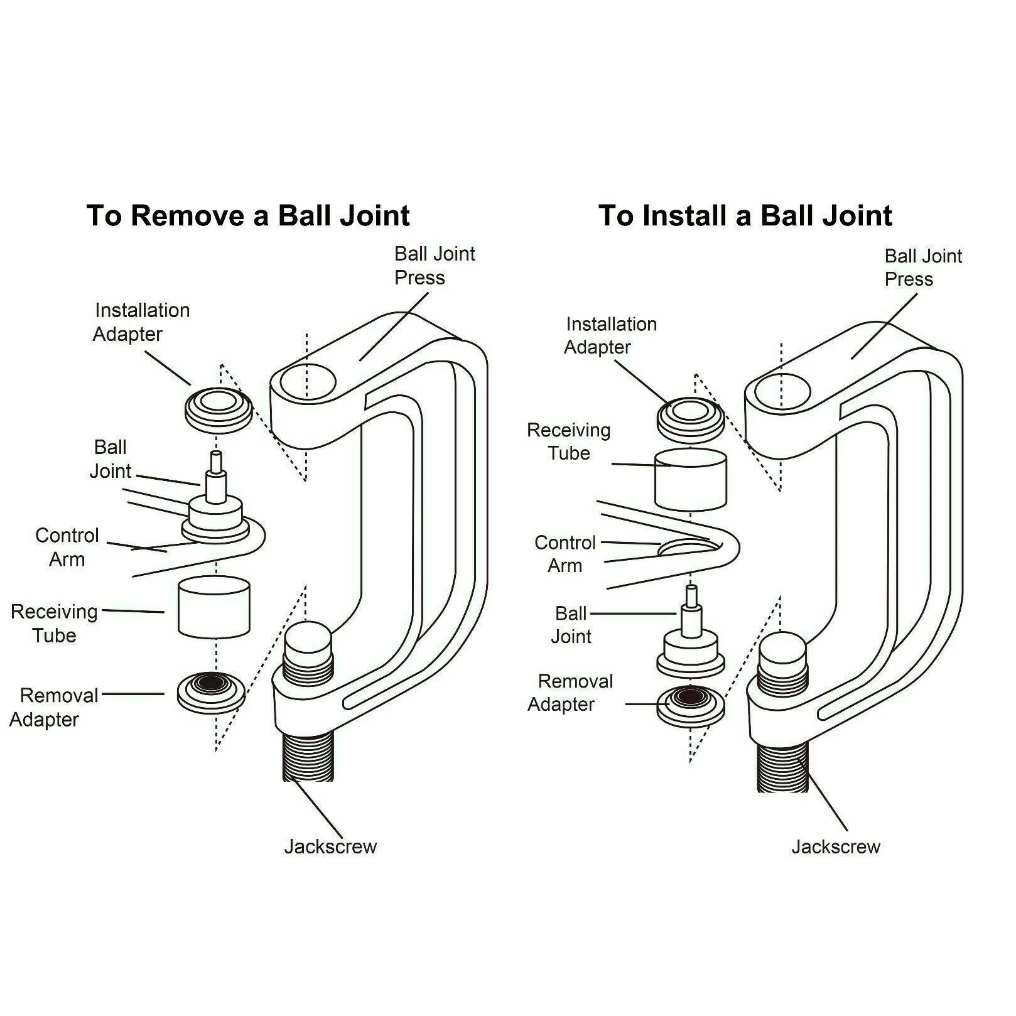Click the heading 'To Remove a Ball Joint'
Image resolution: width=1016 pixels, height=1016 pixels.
248,216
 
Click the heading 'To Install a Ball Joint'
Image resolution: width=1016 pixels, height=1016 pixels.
745,216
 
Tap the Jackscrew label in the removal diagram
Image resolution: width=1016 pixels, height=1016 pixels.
330,846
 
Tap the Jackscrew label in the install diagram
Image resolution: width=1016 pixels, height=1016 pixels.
835,847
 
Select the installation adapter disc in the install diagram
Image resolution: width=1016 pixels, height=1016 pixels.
689,417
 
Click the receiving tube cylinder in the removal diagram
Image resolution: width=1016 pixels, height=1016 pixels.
213,608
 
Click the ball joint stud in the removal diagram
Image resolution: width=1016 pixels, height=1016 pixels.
215,477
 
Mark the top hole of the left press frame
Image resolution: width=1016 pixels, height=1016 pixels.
307,384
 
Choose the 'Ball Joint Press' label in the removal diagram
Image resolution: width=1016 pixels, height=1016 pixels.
434,266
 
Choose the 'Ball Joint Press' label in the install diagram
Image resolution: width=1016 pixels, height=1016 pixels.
922,268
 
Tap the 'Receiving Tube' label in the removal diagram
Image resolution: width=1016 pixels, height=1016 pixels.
54,623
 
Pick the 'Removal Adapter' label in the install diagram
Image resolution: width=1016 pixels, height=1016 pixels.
569,693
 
